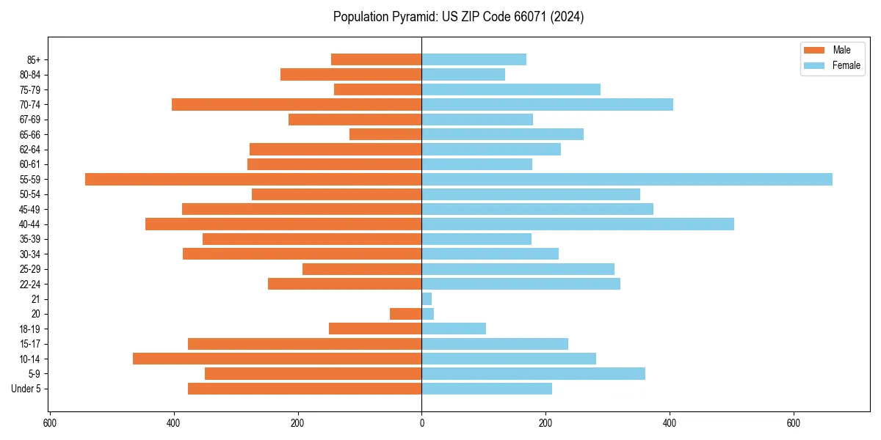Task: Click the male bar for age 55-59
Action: (x=253, y=179)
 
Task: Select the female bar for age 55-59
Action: (x=626, y=179)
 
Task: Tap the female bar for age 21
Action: (x=427, y=298)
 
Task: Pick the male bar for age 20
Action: (x=405, y=314)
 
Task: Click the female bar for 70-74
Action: (x=547, y=104)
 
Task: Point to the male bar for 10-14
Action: (x=277, y=359)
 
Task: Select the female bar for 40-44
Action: (x=577, y=224)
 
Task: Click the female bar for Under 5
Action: (x=486, y=389)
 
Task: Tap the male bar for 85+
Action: (x=376, y=59)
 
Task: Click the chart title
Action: (x=458, y=17)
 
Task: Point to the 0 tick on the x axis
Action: (x=421, y=423)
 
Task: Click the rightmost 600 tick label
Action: (x=793, y=423)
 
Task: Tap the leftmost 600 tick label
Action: (x=50, y=423)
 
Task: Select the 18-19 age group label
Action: (x=30, y=329)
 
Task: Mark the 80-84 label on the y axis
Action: (x=30, y=74)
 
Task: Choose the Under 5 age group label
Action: (x=26, y=389)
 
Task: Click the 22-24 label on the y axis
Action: (x=30, y=284)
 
